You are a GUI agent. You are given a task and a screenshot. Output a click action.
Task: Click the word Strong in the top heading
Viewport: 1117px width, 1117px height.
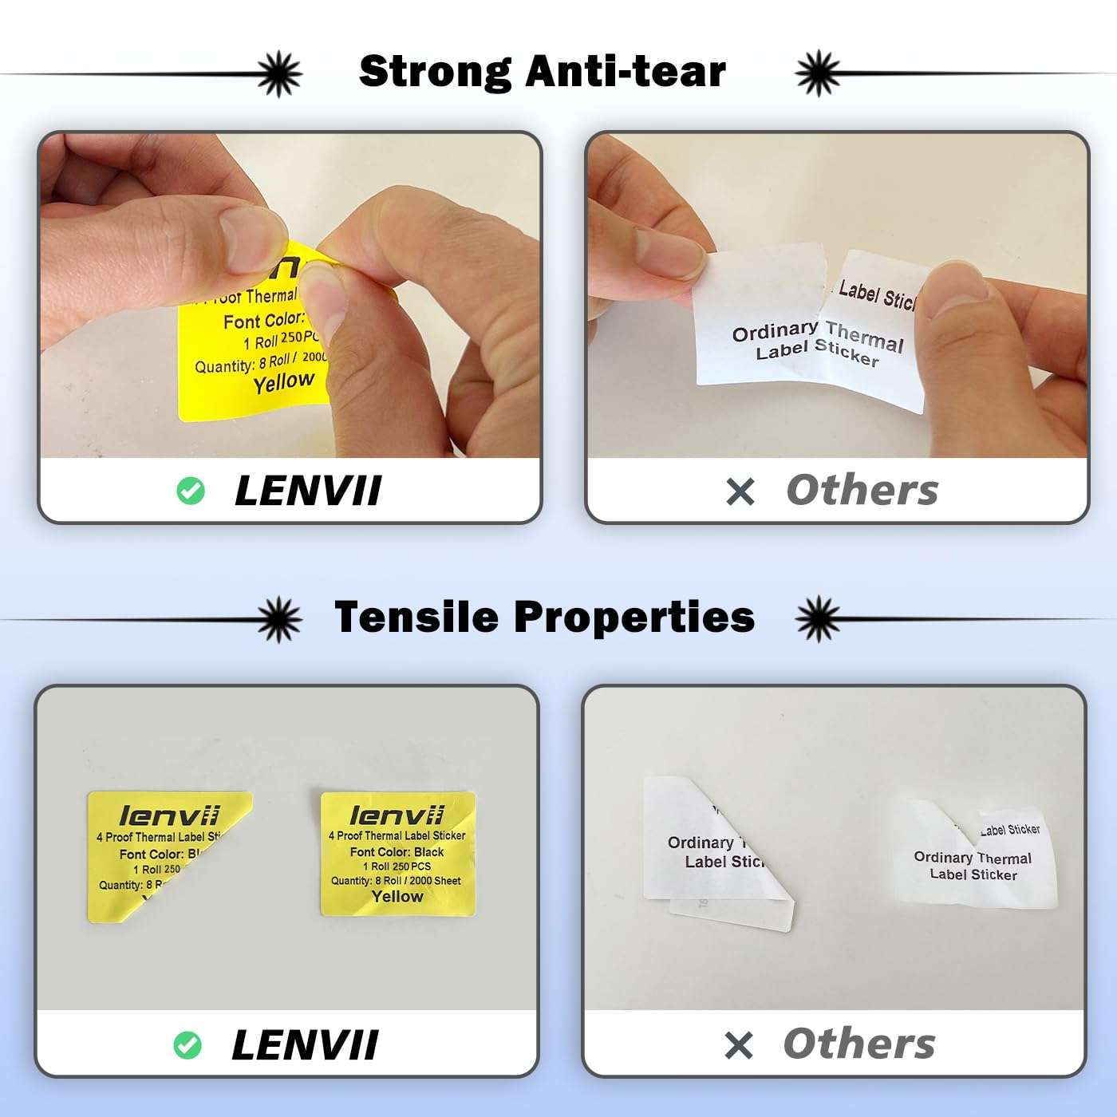434,72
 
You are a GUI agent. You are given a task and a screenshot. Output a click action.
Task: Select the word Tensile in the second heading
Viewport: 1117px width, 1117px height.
416,617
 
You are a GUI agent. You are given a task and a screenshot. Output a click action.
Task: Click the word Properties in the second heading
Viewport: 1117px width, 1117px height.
633,617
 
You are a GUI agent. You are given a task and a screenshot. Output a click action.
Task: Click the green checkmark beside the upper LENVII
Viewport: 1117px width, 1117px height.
190,491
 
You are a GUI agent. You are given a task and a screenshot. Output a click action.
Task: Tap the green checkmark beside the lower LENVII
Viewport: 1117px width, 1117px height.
187,1045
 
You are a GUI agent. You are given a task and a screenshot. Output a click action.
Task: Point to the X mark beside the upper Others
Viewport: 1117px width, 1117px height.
740,491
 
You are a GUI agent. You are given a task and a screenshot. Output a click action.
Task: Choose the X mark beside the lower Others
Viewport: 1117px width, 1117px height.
738,1045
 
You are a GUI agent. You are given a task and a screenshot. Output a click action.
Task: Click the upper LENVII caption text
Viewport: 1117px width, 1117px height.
308,491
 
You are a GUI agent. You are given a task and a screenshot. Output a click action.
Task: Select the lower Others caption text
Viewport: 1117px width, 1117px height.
858,1044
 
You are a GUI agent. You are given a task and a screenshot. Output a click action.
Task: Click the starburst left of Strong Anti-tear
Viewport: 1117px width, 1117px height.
279,73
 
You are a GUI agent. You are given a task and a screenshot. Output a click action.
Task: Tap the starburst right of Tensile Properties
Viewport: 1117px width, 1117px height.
818,618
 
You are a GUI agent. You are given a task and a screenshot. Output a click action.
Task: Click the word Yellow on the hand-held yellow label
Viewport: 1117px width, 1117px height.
283,383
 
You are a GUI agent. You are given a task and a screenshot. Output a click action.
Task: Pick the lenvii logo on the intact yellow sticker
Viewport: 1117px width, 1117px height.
397,815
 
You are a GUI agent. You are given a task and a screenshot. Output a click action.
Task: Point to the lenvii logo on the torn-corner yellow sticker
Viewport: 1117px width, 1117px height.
169,815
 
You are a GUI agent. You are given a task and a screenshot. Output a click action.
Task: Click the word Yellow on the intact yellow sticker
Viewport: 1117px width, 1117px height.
397,896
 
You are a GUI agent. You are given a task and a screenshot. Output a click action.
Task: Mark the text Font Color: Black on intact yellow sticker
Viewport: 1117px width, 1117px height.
397,852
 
